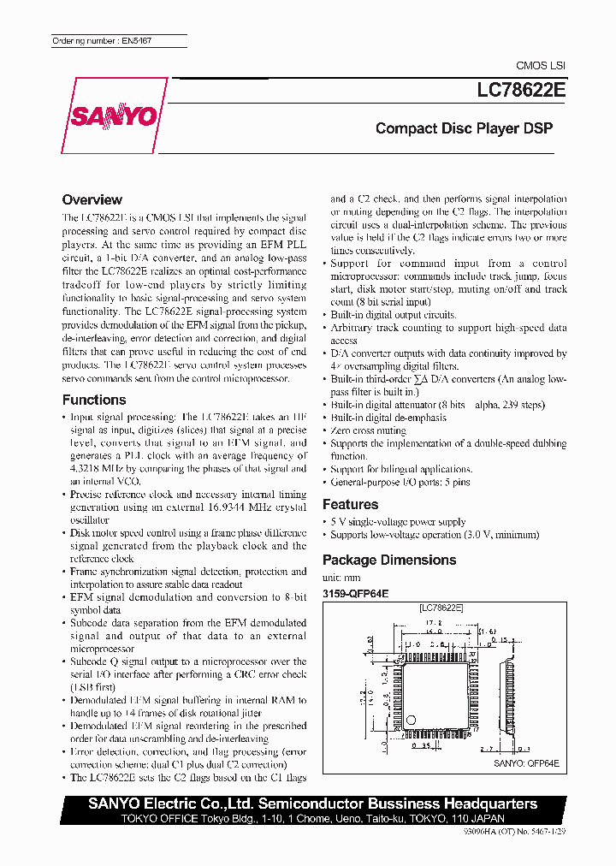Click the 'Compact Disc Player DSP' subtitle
pos(464,129)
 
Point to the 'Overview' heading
pos(92,199)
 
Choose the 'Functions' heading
pos(94,400)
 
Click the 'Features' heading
pos(350,504)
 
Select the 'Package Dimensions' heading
pos(388,560)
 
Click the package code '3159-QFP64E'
pos(355,592)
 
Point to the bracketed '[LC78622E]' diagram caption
pos(441,607)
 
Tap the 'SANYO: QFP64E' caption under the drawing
pos(526,763)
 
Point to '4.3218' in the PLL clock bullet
pos(86,469)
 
